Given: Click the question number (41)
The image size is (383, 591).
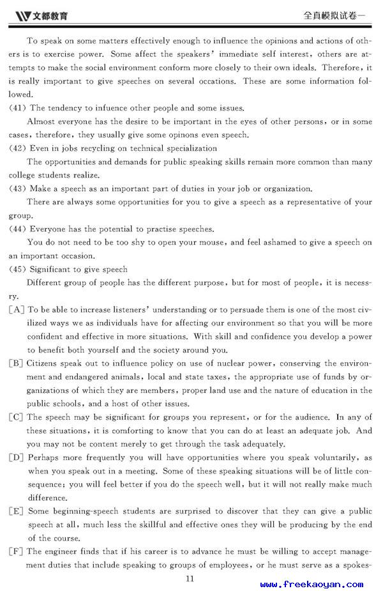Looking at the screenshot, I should pos(17,108).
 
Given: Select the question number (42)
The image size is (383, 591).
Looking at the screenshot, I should pos(17,148).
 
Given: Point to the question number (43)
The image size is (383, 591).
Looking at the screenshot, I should pos(17,188).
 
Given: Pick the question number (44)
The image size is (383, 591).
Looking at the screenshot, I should pos(17,229).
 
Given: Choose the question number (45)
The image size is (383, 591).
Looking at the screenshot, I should pos(17,269).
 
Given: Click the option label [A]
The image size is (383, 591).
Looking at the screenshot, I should pos(17,310).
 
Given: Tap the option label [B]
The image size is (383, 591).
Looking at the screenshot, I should pos(17,364).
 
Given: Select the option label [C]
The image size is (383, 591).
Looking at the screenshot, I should pos(17,417).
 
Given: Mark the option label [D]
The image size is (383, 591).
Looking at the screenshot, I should pos(17,457).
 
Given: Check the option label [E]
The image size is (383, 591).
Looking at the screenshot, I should pos(17,511).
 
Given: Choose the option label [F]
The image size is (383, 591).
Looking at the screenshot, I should pos(17,551).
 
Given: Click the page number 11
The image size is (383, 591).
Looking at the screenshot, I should pos(189,578).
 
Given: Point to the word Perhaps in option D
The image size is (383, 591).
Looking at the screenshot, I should pos(44,457).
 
